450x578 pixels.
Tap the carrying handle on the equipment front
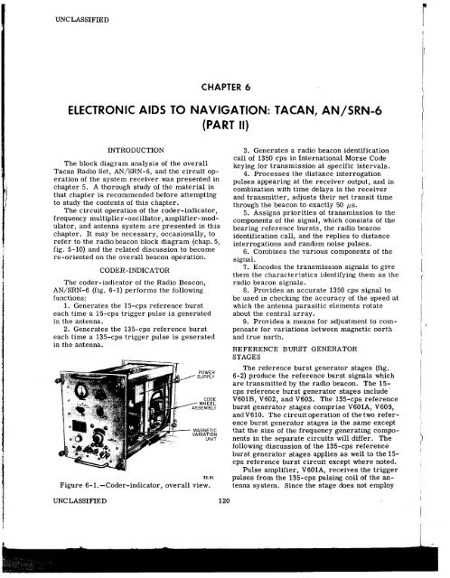34,433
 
